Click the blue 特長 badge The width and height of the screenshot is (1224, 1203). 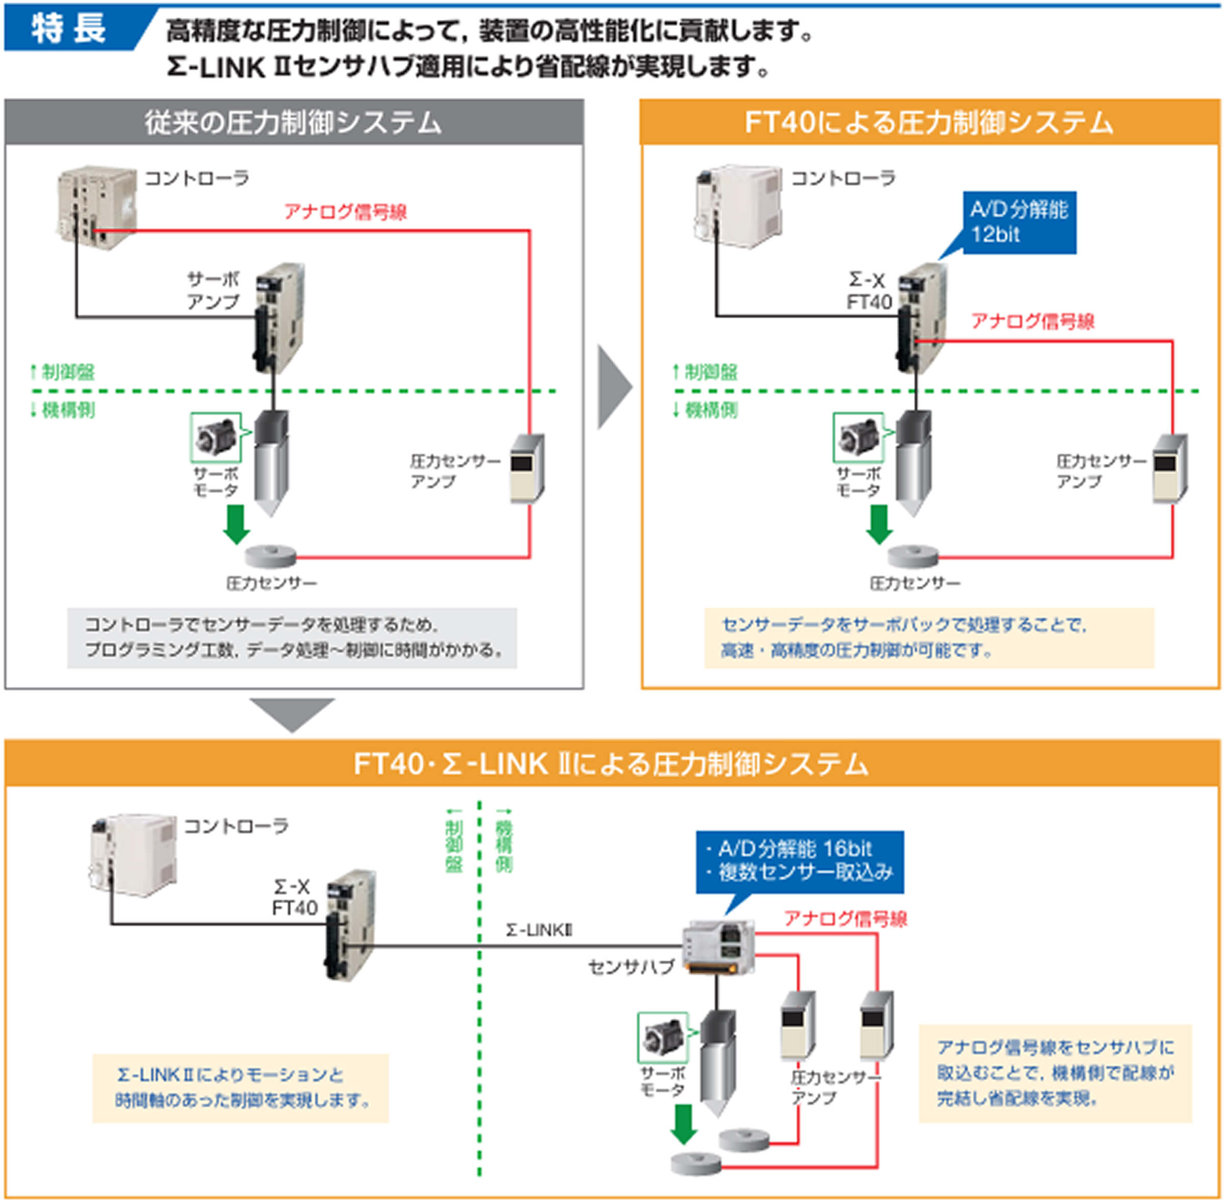coord(69,29)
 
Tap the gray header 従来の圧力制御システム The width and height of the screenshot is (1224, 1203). coord(294,122)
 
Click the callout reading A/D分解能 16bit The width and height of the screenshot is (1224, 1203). coord(799,861)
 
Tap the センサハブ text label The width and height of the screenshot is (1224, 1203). coord(631,967)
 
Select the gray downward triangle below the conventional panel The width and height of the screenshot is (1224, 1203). coord(291,713)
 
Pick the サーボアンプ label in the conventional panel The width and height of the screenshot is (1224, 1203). coord(213,291)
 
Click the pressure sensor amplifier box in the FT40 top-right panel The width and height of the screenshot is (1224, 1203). coord(1169,469)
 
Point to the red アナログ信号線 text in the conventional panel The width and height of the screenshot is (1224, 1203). coord(345,212)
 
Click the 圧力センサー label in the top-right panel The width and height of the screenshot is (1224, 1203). coord(914,583)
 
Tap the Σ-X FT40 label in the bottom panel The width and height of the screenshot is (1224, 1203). coord(294,897)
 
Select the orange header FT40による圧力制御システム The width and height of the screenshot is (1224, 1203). coord(930,122)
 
